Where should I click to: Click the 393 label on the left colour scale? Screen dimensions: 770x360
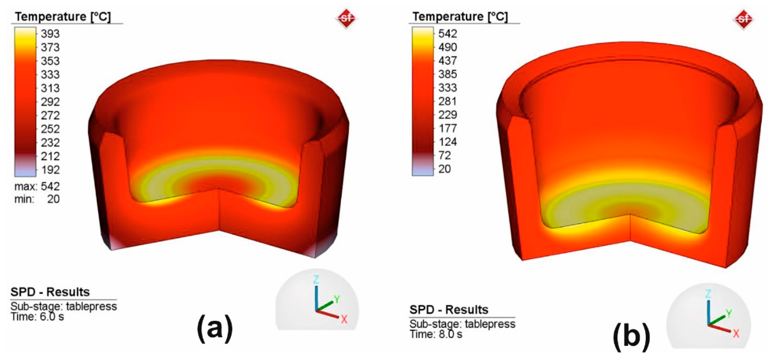50,33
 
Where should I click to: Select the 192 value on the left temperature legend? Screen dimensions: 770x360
50,170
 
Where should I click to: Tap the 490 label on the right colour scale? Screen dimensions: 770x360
447,47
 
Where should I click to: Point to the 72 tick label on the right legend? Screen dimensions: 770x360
444,155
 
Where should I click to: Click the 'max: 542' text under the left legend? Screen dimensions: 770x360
37,186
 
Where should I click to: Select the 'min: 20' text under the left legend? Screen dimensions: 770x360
37,199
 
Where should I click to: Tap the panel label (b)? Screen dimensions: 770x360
631,337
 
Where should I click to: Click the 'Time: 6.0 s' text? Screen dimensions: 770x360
37,316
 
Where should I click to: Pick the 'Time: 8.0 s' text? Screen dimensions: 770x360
436,334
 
